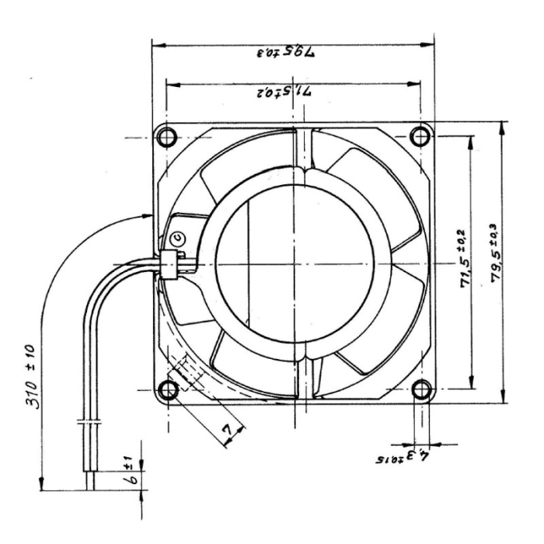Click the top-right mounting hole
coord(421,137)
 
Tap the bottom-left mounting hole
coord(167,390)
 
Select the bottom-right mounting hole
coord(421,390)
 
